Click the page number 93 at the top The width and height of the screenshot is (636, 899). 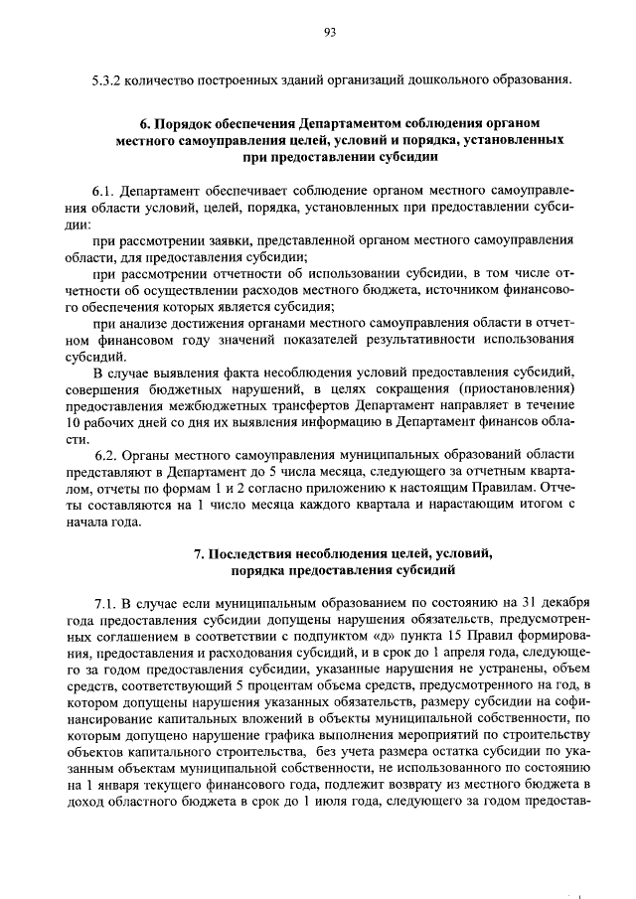(x=331, y=32)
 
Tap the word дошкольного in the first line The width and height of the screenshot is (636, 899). (x=443, y=78)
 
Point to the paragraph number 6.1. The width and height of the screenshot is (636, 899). (x=104, y=188)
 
